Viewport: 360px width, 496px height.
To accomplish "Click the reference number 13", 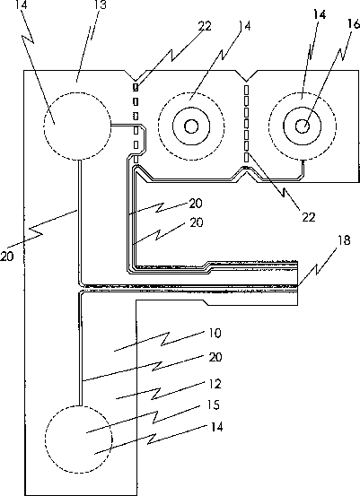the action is (101, 4).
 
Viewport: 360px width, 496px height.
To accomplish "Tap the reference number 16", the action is (354, 23).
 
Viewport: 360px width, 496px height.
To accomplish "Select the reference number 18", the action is (344, 240).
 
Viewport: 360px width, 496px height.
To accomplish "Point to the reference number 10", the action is (215, 333).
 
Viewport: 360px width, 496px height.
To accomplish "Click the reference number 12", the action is (215, 384).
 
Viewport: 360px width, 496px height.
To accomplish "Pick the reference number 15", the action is (213, 405).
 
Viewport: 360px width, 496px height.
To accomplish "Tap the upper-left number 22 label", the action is (205, 26).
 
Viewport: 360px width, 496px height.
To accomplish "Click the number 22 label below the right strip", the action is (309, 217).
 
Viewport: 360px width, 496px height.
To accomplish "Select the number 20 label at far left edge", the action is (7, 256).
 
